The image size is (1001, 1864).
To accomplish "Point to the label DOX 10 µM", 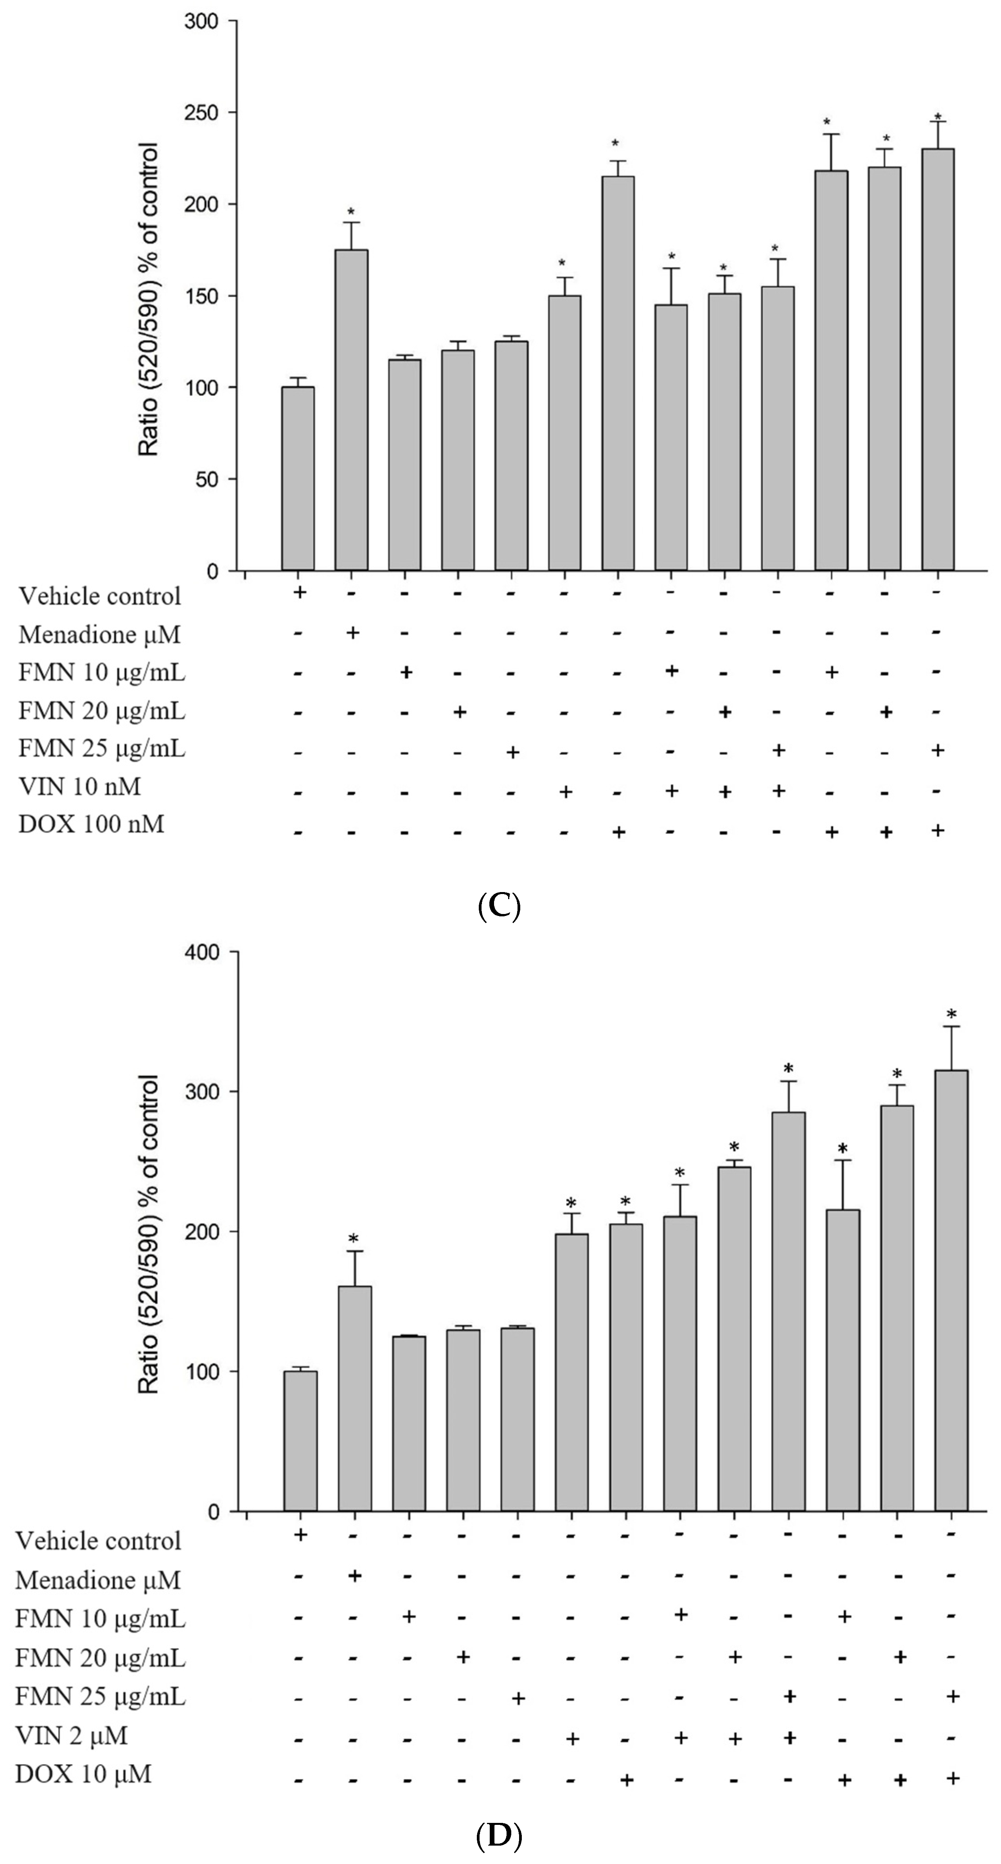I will [x=83, y=1774].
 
